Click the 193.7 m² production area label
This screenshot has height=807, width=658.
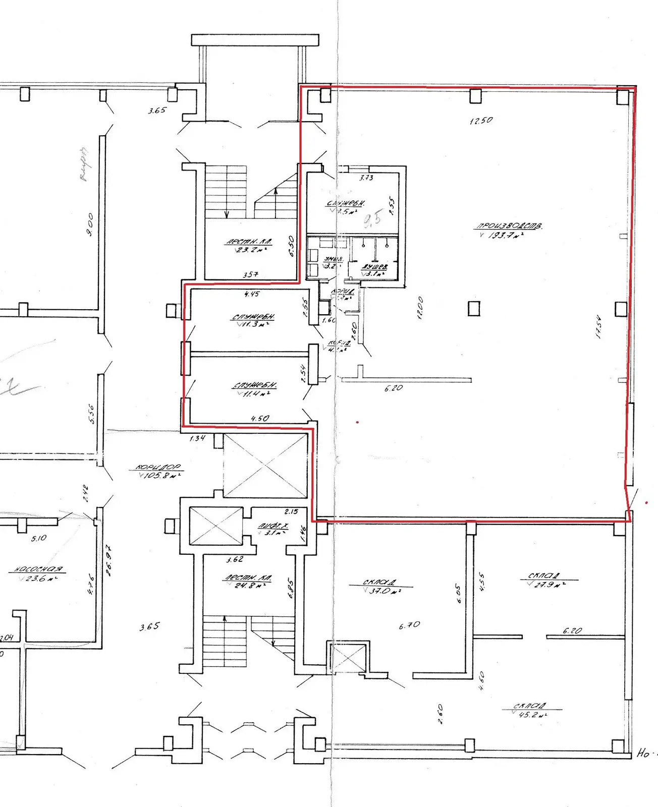coord(508,230)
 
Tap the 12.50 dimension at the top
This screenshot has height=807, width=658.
coord(481,121)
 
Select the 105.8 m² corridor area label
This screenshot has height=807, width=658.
coord(158,471)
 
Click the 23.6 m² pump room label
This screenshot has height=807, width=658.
coord(38,574)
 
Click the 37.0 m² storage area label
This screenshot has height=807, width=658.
coord(382,587)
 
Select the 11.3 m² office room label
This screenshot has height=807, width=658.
coord(253,320)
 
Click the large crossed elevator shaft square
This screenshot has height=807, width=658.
coord(265,466)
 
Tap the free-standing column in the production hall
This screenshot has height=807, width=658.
coord(474,308)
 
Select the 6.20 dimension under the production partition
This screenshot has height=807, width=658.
coord(394,388)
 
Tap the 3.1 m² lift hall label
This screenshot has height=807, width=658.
coord(273,529)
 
